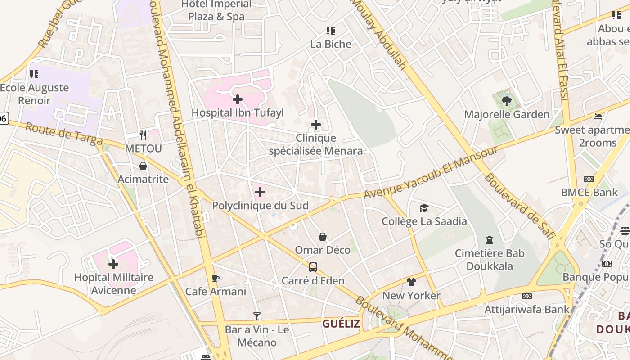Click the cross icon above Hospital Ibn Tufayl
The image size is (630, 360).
point(238,99)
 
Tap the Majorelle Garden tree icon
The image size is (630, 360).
point(507,101)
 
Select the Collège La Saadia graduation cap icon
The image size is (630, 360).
point(424,208)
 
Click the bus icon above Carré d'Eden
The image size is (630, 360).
point(313,267)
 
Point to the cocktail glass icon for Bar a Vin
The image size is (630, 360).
point(257,316)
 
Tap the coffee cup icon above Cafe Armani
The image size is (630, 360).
point(216,278)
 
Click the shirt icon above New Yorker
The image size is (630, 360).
point(411,282)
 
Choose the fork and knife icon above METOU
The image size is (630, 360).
point(143,135)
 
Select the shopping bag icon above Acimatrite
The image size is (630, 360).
point(143,166)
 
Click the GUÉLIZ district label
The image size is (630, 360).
point(341,323)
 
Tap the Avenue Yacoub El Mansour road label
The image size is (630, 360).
point(431,171)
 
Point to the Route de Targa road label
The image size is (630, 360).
point(64,134)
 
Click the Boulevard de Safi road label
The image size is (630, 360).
point(520,205)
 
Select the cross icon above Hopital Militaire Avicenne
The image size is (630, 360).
point(113,264)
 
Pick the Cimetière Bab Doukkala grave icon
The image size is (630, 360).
point(490,240)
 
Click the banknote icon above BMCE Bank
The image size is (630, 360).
point(589,179)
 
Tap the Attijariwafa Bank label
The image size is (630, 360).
point(526,309)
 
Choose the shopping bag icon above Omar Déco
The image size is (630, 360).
point(323,237)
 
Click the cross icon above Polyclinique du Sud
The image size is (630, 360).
point(260,193)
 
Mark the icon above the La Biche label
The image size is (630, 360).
point(331,31)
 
